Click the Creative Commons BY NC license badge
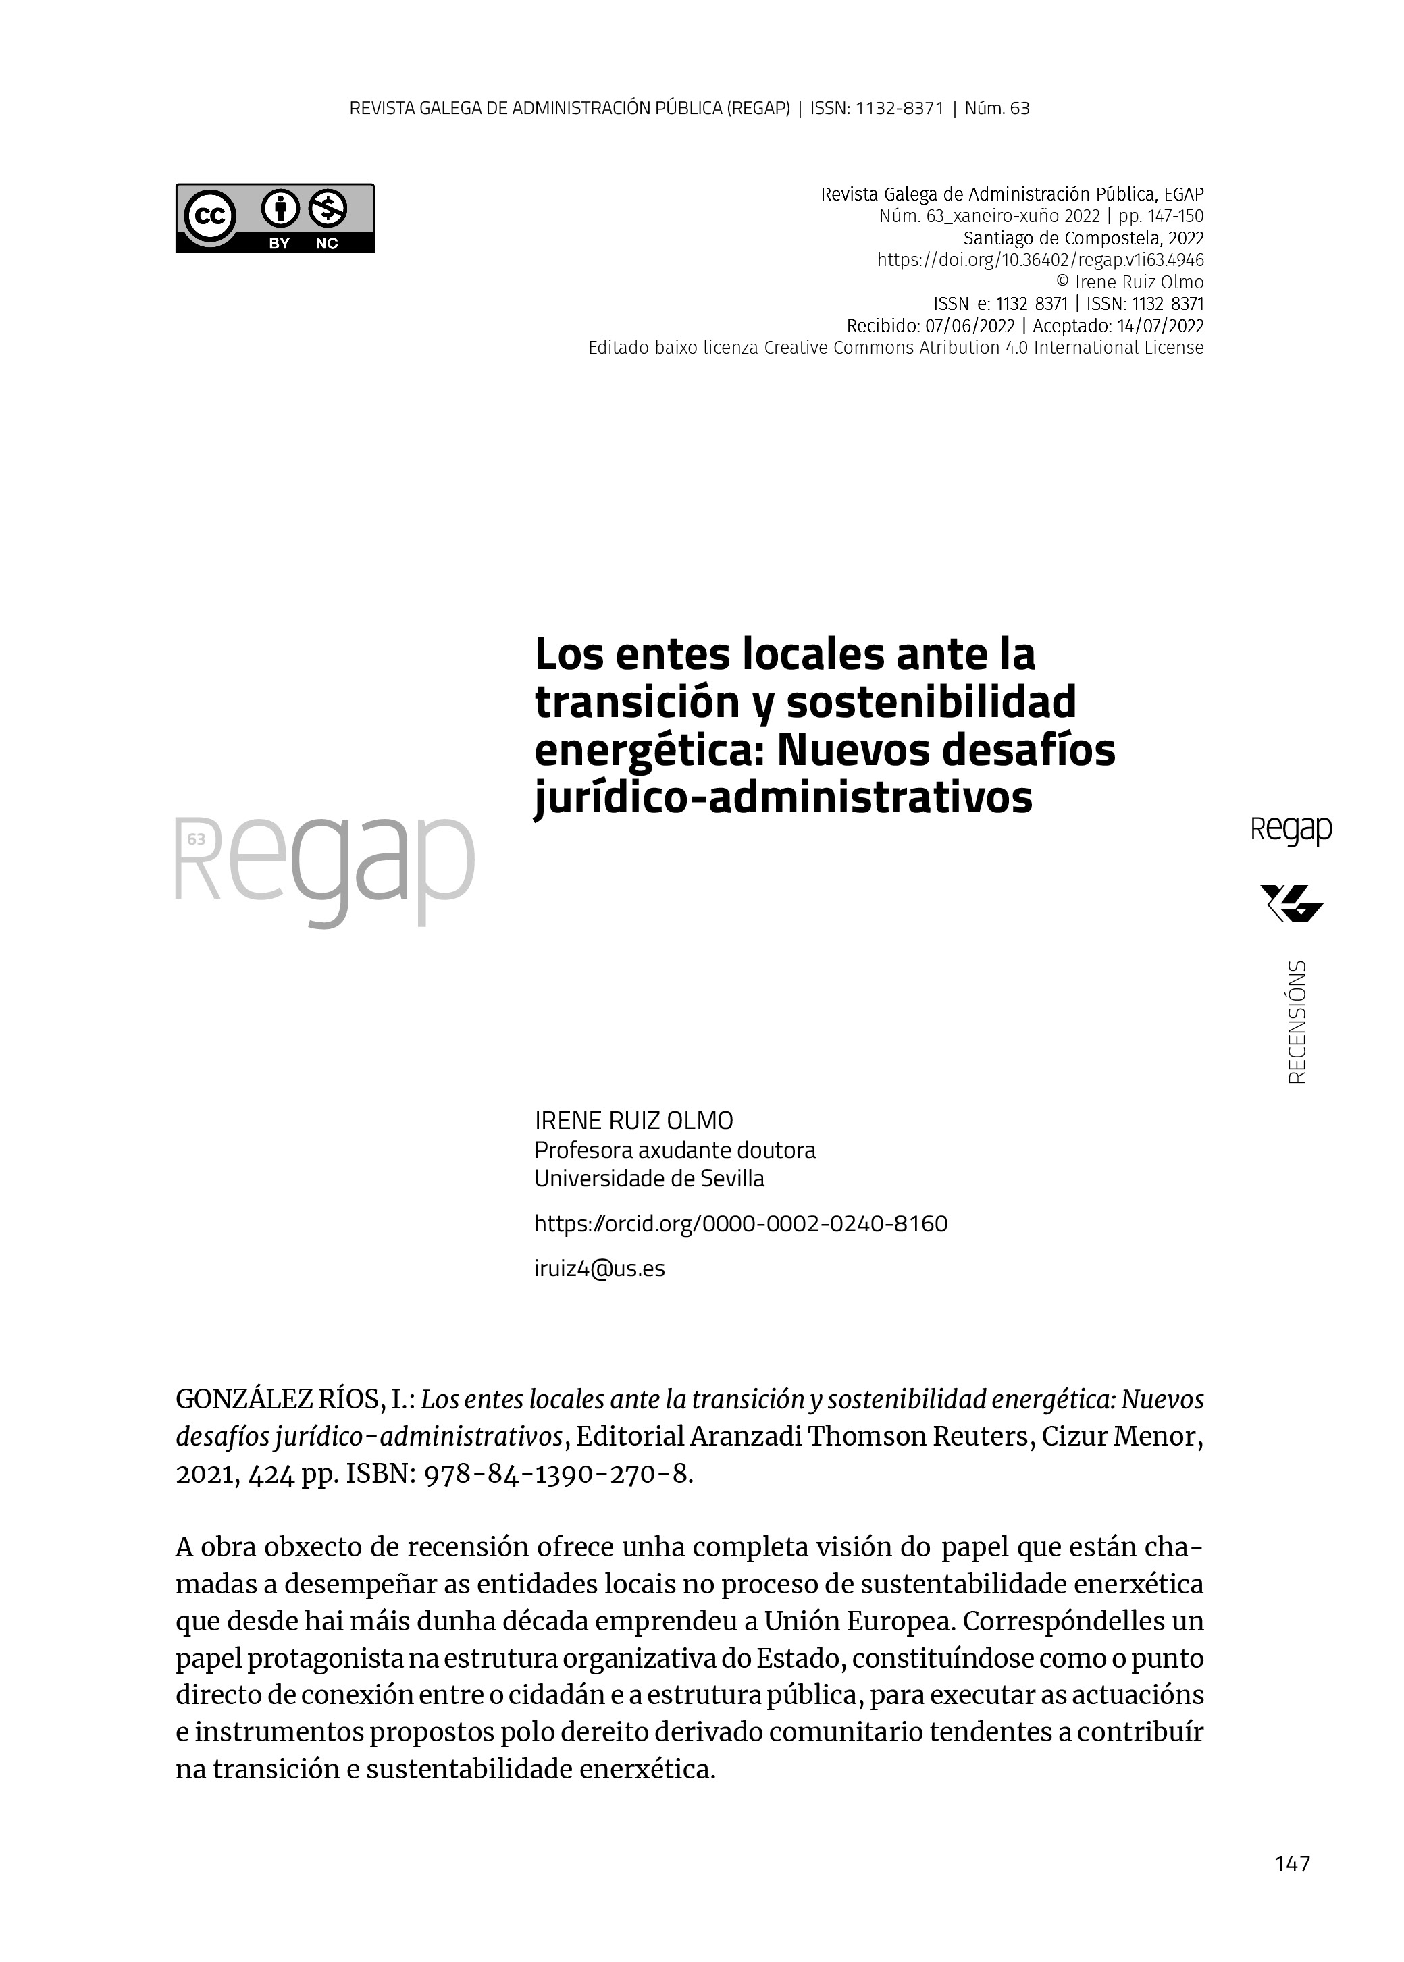pos(275,218)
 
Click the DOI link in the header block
pos(1040,260)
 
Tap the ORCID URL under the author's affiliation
pos(741,1224)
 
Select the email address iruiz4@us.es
pos(600,1269)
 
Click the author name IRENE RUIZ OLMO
pos(633,1121)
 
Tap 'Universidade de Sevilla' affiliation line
pos(649,1179)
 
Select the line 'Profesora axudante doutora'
pos(675,1150)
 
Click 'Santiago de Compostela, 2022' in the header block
pos(1083,238)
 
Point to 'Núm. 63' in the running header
pos(997,109)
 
